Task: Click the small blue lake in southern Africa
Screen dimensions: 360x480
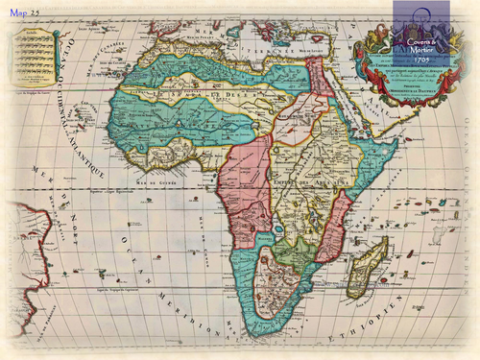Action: tap(279, 228)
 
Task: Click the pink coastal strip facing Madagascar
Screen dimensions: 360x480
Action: tap(332, 230)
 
